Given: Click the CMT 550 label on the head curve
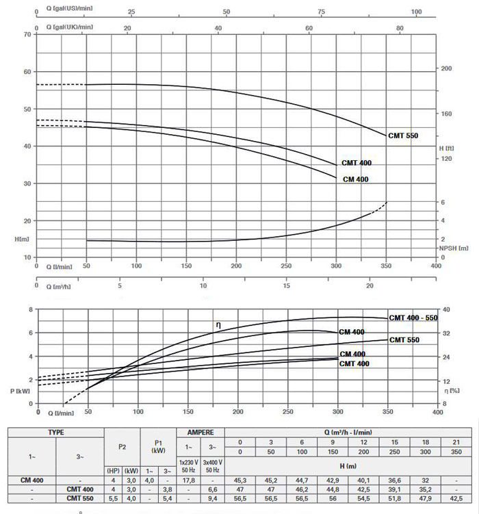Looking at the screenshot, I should tap(402, 136).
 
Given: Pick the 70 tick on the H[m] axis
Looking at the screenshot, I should tap(28, 34).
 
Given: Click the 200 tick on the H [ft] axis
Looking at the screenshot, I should tap(447, 69).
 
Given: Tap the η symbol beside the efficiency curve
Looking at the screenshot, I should tap(218, 324).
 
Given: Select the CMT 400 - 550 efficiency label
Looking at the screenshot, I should tap(414, 318).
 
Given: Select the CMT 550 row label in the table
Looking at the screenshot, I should tap(79, 498).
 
